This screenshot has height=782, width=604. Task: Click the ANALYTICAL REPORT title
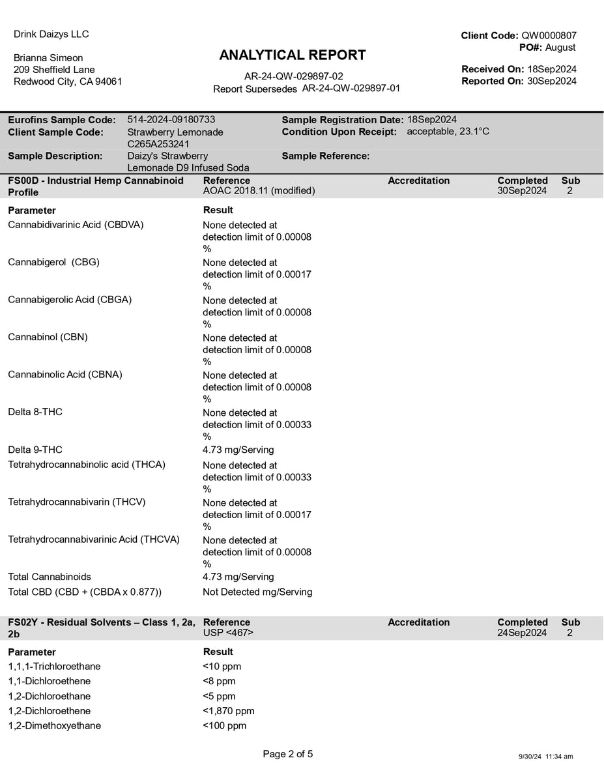293,55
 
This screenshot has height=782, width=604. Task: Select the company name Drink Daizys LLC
51,34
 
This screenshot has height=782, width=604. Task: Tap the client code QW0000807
549,36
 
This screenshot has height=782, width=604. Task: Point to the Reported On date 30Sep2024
551,81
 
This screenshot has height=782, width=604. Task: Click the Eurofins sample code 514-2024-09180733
171,119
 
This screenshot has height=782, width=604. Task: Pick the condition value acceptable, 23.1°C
448,132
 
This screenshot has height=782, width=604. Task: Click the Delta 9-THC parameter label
35,450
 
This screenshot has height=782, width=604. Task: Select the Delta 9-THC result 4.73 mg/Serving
238,450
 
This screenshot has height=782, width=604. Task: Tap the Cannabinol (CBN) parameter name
48,337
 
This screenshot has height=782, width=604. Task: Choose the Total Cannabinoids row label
50,577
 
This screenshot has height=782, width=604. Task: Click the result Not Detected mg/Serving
257,592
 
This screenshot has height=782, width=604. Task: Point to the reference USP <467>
228,633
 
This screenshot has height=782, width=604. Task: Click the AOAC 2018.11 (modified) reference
259,191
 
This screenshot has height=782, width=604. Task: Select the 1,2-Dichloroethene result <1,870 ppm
229,711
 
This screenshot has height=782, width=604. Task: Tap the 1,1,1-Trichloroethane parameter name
54,666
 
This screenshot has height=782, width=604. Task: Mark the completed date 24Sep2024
522,633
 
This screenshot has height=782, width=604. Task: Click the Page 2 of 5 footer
288,754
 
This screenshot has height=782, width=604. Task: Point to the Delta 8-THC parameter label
35,412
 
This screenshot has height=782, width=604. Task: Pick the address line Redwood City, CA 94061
68,81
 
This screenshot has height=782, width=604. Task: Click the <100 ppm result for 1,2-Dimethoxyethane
225,726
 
